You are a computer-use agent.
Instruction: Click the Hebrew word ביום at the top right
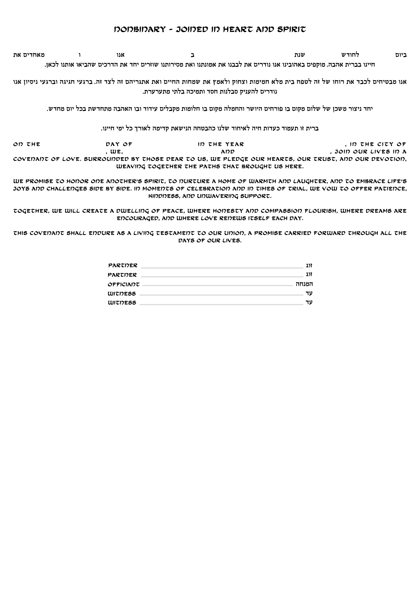coord(400,55)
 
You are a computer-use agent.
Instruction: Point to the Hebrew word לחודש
coord(350,55)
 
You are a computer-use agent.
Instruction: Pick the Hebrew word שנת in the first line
coord(300,55)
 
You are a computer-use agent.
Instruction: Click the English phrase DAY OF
coord(119,144)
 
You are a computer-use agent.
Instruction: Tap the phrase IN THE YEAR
coord(221,144)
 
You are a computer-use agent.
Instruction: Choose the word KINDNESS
coord(164,196)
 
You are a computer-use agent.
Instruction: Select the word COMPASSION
coord(281,211)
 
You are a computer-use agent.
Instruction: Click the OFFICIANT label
coord(124,285)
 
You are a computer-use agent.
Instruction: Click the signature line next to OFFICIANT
coord(217,286)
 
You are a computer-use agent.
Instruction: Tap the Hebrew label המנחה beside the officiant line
coord(304,284)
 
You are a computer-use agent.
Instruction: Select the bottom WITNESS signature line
coord(221,305)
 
